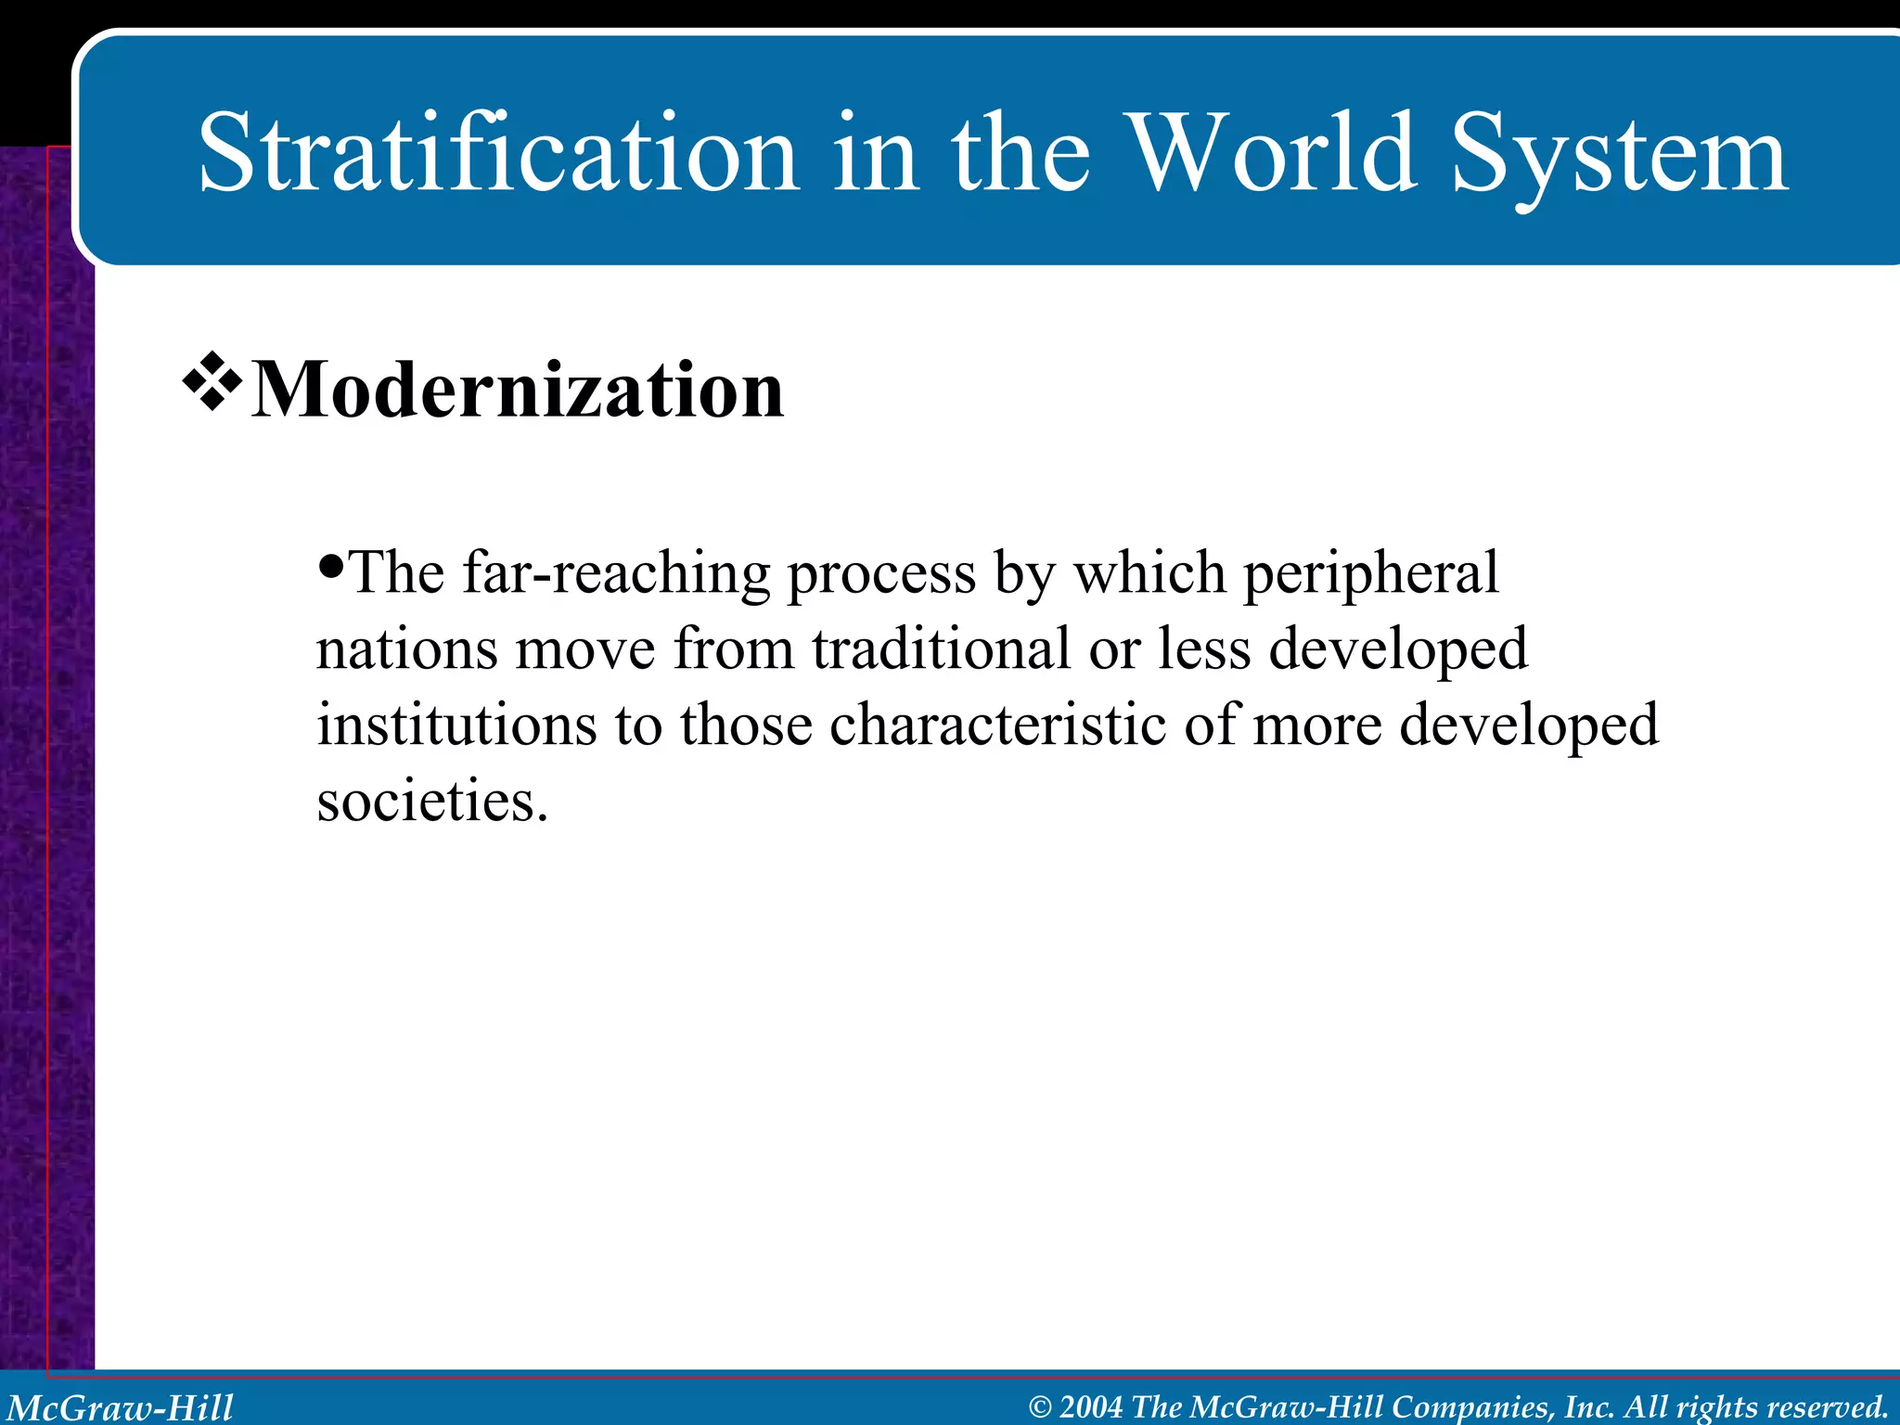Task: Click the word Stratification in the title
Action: click(498, 153)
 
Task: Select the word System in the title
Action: click(1619, 158)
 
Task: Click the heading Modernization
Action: click(518, 390)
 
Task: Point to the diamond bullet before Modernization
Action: click(212, 381)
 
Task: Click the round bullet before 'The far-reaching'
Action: click(330, 564)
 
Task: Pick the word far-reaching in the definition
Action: click(616, 572)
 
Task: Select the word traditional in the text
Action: click(942, 648)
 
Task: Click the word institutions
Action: click(456, 725)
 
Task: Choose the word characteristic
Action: click(997, 725)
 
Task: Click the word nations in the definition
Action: click(406, 648)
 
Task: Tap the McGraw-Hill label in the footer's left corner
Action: click(120, 1407)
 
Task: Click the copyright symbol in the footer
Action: click(1040, 1407)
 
